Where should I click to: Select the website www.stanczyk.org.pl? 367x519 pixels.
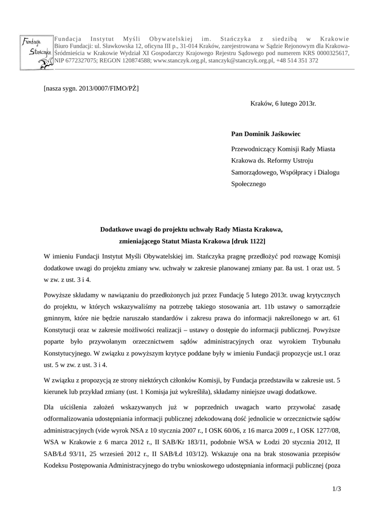click(x=179, y=60)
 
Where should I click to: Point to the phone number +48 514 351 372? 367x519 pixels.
click(x=298, y=60)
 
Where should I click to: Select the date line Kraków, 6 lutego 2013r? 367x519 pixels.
click(x=283, y=103)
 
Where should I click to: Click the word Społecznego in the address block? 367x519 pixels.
click(x=248, y=184)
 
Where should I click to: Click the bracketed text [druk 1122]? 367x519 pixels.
click(x=248, y=241)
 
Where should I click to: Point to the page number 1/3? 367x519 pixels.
click(x=337, y=489)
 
